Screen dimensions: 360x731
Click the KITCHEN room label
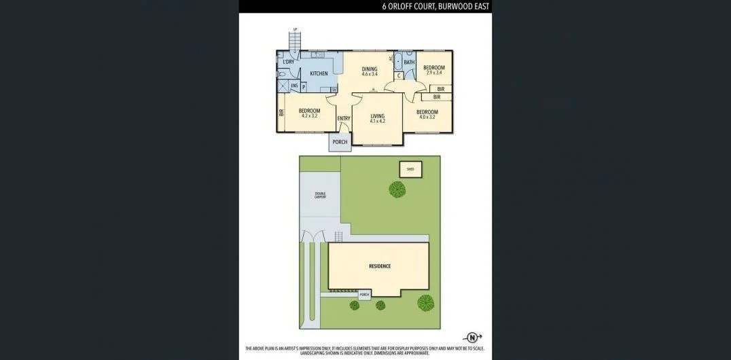[319, 73]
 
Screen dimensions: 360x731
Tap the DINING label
[370, 69]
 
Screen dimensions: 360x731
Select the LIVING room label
[378, 116]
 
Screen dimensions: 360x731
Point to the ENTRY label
[344, 119]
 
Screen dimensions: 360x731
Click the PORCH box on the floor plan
[340, 142]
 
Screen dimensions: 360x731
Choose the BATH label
[409, 62]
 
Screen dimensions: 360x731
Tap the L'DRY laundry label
[288, 62]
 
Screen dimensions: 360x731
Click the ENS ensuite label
[294, 86]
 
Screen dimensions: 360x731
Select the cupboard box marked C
[399, 75]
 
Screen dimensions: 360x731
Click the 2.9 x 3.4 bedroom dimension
[433, 72]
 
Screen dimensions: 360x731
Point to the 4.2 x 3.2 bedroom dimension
[309, 116]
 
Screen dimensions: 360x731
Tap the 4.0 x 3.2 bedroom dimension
[427, 117]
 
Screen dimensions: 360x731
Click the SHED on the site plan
[410, 168]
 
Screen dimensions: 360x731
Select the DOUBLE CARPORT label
[320, 195]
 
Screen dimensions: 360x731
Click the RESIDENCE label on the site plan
[380, 266]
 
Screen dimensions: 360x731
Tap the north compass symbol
[472, 337]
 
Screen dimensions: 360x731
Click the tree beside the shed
[397, 189]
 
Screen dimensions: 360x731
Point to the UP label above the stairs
[295, 29]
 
